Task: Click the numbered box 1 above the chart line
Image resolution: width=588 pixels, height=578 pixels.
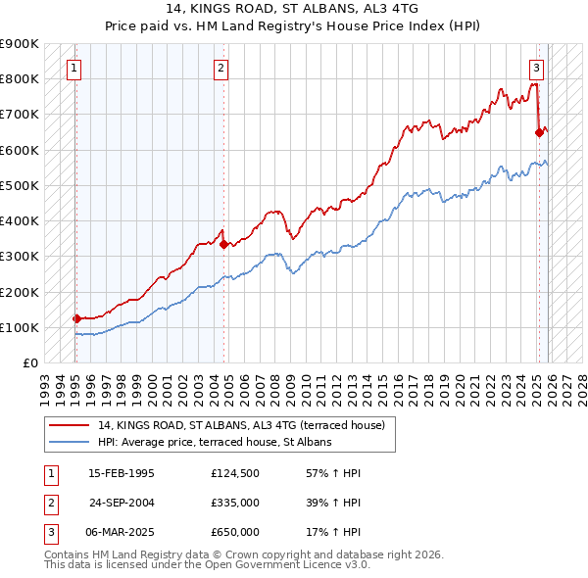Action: point(75,68)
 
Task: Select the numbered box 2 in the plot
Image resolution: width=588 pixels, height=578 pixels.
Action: point(221,68)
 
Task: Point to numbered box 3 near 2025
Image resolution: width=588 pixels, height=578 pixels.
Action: point(537,68)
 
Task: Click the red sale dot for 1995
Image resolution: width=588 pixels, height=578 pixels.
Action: point(76,318)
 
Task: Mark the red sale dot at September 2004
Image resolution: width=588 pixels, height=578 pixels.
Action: point(223,244)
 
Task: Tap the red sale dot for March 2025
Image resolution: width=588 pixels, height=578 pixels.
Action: point(539,132)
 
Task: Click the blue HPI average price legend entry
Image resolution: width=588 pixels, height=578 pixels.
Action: point(215,442)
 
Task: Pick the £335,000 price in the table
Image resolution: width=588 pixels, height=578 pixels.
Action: point(235,503)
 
